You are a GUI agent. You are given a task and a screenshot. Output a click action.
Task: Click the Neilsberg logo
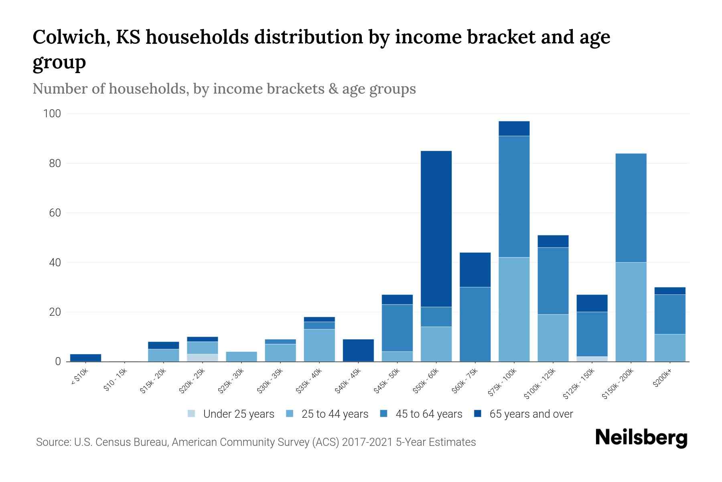641,438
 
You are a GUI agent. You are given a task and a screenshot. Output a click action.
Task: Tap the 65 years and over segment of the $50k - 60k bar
436,229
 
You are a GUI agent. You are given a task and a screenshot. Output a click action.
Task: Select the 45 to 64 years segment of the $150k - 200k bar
631,208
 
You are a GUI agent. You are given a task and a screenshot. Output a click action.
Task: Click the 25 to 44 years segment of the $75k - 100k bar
514,309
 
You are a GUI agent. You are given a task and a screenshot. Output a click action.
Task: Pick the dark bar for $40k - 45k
358,350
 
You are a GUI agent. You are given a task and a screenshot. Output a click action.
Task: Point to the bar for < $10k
85,357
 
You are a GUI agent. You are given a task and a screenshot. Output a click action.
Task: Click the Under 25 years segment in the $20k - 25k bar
202,357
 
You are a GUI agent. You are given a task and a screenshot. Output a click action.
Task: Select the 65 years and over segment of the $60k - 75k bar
475,270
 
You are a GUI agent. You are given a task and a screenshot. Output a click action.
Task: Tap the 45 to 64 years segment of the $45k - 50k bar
397,328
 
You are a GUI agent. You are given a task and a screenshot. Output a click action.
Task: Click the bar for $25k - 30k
241,356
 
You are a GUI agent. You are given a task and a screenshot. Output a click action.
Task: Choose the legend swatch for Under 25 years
192,414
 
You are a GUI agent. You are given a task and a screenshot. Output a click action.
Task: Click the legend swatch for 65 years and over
478,414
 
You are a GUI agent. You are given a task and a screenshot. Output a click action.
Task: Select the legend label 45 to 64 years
429,414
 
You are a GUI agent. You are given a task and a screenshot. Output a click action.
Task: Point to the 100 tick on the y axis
52,114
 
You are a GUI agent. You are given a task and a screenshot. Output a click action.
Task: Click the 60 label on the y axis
55,213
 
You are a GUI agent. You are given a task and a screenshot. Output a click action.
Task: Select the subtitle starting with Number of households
224,89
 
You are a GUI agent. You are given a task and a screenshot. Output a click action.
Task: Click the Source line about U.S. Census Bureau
256,442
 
